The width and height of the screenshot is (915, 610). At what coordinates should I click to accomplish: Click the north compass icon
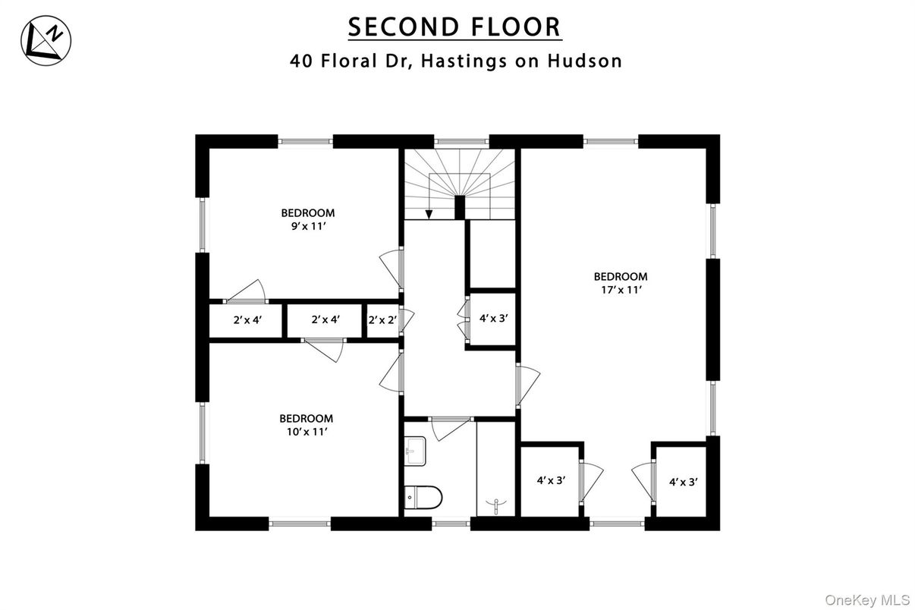click(x=46, y=41)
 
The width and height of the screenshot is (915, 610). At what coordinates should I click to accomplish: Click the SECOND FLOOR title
click(x=454, y=27)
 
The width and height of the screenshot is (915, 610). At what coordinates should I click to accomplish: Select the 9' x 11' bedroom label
click(x=307, y=219)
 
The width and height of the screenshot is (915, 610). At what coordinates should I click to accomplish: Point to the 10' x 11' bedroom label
click(x=306, y=424)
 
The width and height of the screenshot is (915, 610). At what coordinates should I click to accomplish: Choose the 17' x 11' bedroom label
click(x=620, y=282)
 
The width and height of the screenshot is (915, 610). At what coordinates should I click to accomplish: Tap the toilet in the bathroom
click(x=423, y=498)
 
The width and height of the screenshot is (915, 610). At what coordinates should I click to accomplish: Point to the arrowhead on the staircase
click(x=429, y=215)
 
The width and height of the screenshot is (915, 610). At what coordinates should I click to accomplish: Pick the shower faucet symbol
click(x=498, y=503)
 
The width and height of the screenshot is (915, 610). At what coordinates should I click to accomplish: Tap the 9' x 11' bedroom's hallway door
click(x=391, y=267)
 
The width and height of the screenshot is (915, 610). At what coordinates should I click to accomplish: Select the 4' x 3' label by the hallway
click(x=493, y=319)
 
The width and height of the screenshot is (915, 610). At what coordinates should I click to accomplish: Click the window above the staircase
click(x=461, y=141)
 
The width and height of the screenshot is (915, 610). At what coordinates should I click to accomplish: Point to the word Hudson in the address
click(x=584, y=61)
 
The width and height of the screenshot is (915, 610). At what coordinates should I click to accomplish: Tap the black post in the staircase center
click(x=459, y=207)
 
